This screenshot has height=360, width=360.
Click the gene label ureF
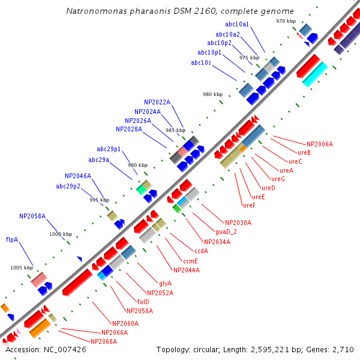(249, 205)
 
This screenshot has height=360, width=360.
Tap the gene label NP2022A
(157, 102)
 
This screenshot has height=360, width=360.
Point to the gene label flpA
(12, 239)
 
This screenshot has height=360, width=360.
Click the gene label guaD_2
(226, 232)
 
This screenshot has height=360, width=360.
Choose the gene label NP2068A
(104, 341)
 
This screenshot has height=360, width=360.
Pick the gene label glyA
(165, 283)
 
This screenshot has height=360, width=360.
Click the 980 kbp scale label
(212, 94)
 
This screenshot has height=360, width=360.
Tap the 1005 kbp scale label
(21, 268)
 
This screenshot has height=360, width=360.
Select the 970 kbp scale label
(286, 21)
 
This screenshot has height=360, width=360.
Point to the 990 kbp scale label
(137, 165)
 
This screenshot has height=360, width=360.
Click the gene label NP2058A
(32, 215)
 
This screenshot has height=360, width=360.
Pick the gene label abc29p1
(109, 149)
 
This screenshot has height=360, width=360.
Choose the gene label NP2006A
(319, 144)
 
